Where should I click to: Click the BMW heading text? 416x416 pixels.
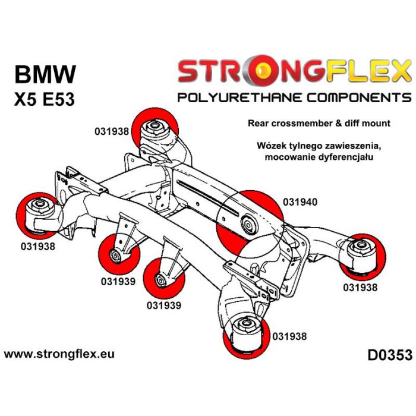click(45, 75)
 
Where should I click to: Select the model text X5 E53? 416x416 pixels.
click(44, 99)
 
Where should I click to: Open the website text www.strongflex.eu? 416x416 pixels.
click(59, 354)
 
